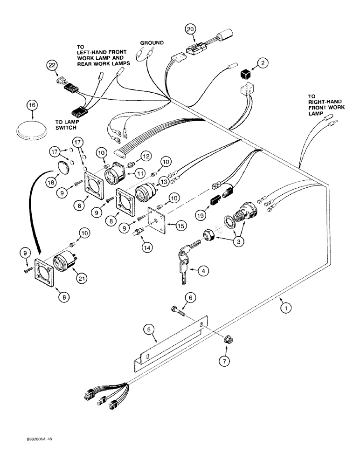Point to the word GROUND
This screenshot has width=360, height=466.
point(152,43)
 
